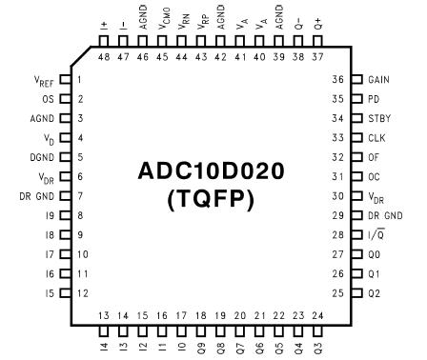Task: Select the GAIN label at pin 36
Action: tap(378, 80)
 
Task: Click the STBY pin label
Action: tap(378, 119)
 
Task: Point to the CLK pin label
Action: tap(376, 138)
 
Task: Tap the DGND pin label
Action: tap(45, 157)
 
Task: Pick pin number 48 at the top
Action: tap(104, 57)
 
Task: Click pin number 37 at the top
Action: tap(317, 57)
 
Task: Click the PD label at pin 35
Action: tap(373, 99)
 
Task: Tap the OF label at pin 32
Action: tap(373, 157)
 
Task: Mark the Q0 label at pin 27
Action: tap(373, 254)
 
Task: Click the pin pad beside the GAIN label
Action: tap(356, 80)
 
